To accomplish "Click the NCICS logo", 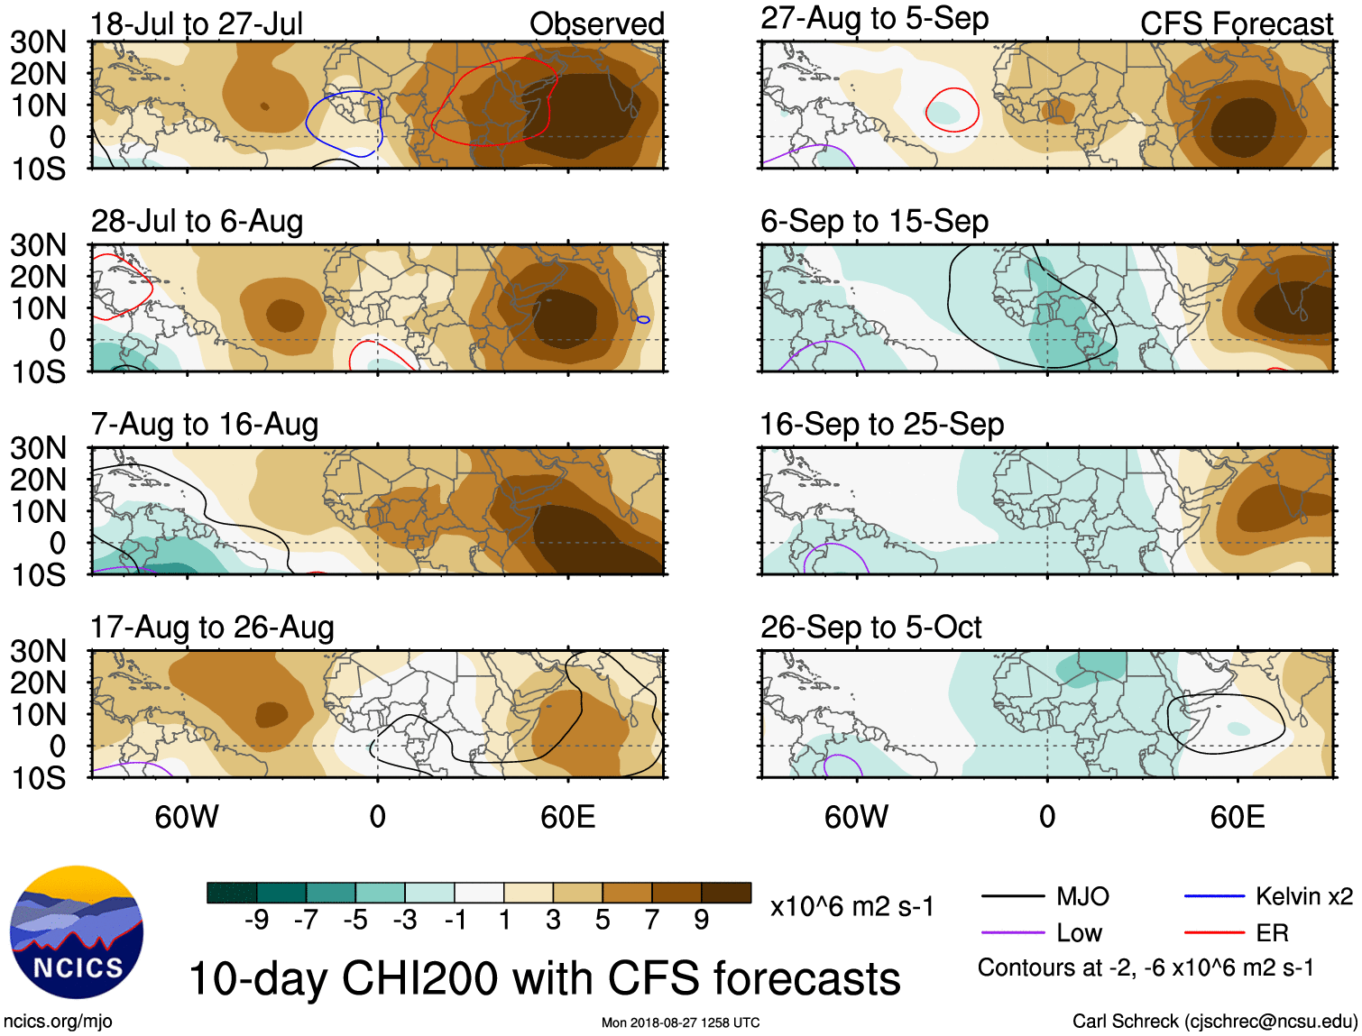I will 77,932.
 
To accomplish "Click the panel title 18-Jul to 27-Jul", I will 197,23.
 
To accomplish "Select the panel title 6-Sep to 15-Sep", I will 874,222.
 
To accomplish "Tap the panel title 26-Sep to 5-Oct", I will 870,628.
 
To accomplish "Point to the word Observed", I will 596,23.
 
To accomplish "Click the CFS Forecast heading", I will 1236,23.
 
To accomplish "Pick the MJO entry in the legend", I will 1082,896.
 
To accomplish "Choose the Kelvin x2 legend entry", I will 1303,896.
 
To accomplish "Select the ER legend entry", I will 1272,933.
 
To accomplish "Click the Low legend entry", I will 1080,933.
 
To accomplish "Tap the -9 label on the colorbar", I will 256,920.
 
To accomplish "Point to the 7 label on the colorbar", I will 652,920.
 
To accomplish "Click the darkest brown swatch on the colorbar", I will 726,893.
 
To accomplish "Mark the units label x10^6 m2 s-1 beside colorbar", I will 851,906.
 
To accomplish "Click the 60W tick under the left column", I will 187,817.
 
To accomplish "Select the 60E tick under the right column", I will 1237,817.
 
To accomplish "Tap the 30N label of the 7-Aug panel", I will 38,448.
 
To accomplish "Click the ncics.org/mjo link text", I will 58,1022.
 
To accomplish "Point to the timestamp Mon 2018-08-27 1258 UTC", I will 680,1022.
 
